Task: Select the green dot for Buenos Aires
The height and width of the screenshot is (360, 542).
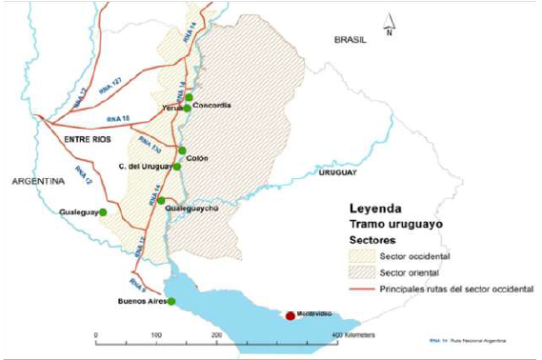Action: tap(171, 301)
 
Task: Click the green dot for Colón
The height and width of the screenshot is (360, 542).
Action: tap(182, 150)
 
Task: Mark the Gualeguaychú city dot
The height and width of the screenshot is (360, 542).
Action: tap(161, 200)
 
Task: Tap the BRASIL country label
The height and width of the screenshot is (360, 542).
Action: tap(351, 40)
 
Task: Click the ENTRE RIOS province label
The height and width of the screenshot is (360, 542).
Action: tap(88, 140)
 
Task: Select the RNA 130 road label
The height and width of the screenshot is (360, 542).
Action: tap(150, 145)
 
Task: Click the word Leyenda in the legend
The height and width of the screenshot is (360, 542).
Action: tap(375, 208)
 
